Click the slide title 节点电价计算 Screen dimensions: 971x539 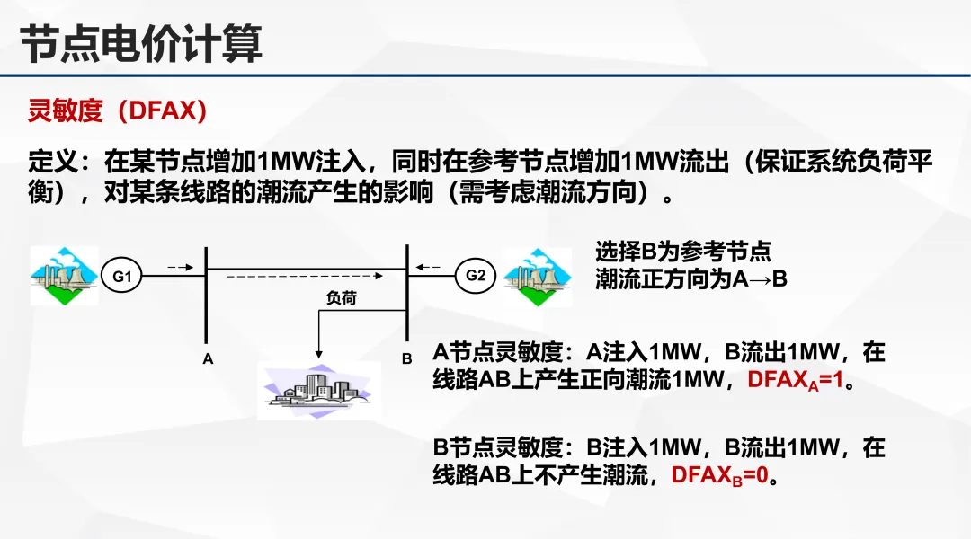[141, 43]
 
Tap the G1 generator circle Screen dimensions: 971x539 [122, 277]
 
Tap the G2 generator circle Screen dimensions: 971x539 [476, 275]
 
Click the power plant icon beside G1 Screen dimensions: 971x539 [63, 276]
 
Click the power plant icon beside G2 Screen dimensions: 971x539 [537, 276]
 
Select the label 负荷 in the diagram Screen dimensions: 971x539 [341, 298]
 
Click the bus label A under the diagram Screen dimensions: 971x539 [208, 359]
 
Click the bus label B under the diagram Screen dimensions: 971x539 [406, 359]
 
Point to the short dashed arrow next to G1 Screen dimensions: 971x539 [180, 267]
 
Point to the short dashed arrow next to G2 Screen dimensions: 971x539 [429, 267]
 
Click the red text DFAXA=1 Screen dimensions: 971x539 [795, 380]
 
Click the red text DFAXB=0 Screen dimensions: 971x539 [719, 475]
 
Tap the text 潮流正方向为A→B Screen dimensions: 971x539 [691, 279]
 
